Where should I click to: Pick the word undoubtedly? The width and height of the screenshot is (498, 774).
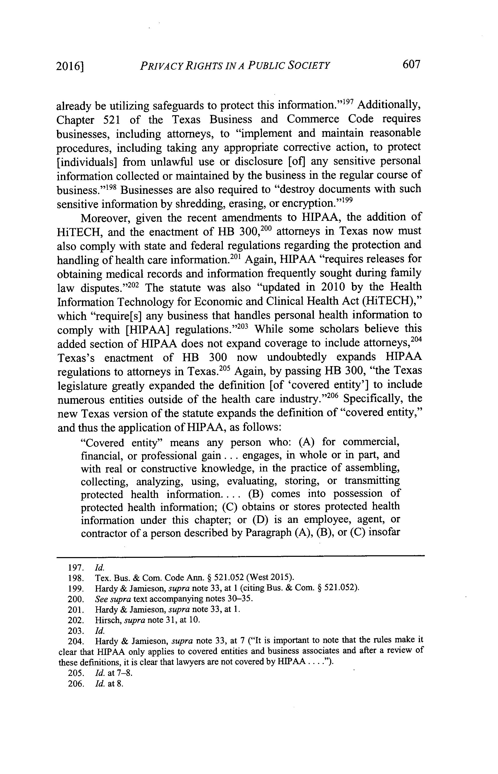(x=297, y=357)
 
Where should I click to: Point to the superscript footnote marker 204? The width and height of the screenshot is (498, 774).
(x=417, y=340)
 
